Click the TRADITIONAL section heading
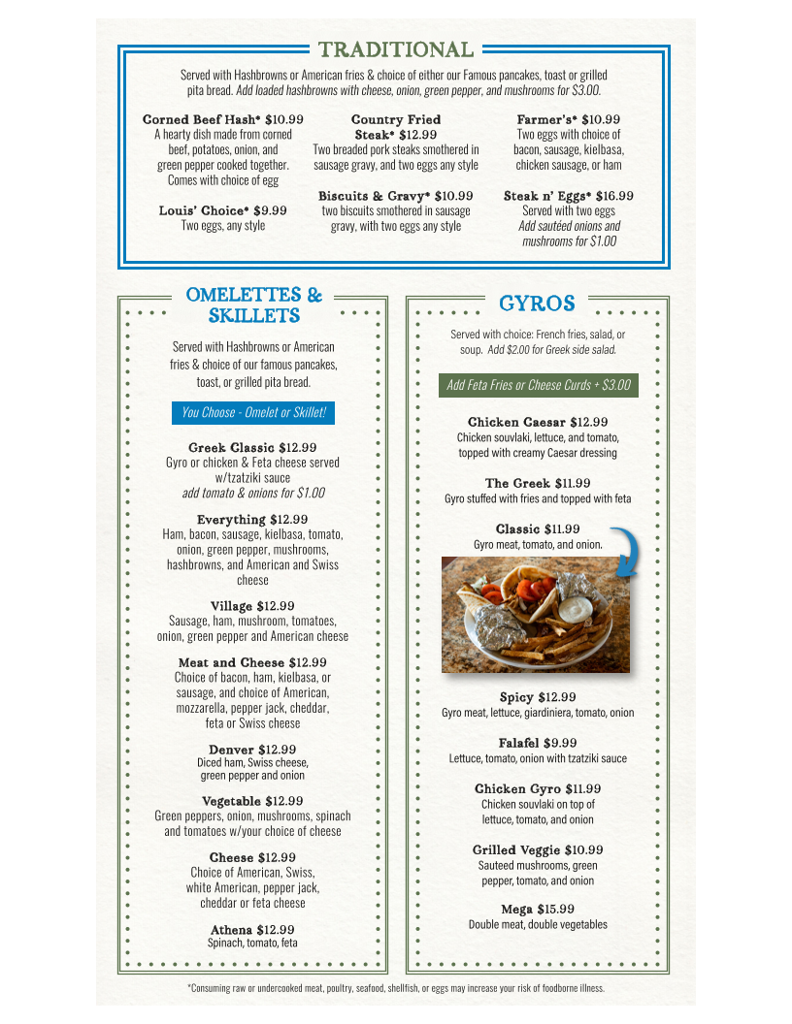pos(396,49)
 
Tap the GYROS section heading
pos(537,304)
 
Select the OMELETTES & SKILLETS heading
pos(253,305)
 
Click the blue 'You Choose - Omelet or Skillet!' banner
pos(253,413)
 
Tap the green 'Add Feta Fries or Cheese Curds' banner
pos(538,385)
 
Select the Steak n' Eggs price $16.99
pos(608,196)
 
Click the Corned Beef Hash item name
pos(201,119)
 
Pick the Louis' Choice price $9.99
pos(270,210)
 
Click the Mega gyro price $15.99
pos(555,909)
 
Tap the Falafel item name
pos(518,743)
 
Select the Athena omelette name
pos(231,930)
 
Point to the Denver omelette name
pos(231,750)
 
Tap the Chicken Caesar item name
pos(516,422)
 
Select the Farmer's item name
pos(546,119)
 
